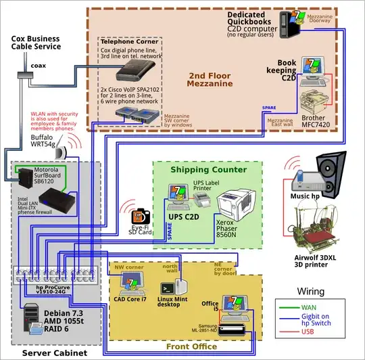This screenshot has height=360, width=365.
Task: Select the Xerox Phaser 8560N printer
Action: point(237,204)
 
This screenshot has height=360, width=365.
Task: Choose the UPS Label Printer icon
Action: point(201,199)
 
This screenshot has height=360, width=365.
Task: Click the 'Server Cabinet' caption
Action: point(45,353)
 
